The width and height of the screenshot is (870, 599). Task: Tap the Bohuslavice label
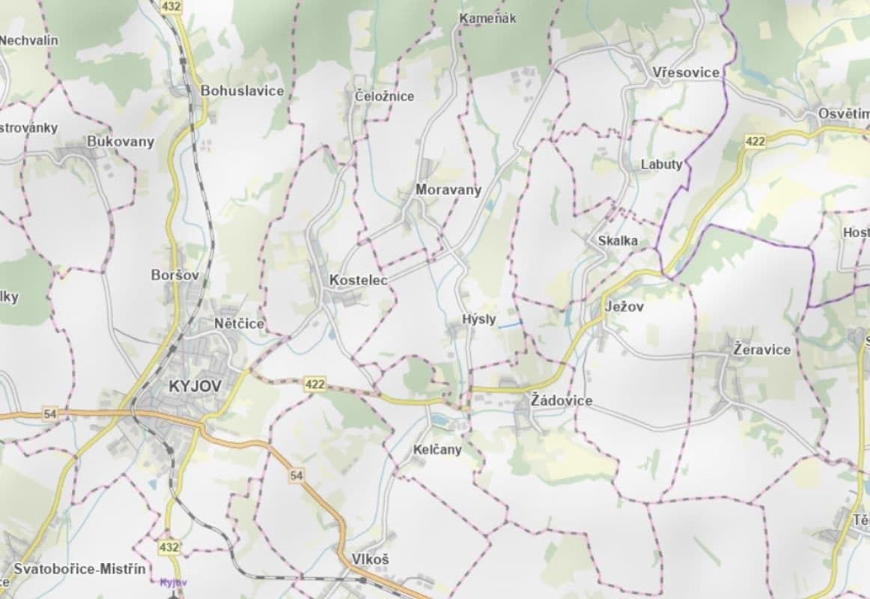click(242, 91)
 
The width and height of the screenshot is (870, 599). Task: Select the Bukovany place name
click(121, 142)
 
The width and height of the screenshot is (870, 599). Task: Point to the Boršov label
click(175, 275)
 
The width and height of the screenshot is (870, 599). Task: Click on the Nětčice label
click(239, 324)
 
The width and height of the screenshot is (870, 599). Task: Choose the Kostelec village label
click(358, 280)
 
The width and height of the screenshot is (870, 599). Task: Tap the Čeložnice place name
click(384, 96)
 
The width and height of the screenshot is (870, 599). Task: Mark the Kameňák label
click(488, 18)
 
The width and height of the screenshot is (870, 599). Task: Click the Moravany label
click(448, 189)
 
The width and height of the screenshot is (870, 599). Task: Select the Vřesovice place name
click(686, 72)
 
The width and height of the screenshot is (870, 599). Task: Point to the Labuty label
click(662, 164)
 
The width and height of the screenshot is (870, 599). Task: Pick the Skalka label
click(618, 240)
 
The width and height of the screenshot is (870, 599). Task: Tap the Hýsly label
click(479, 319)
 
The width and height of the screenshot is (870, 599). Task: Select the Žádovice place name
click(561, 401)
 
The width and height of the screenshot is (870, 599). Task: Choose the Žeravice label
click(761, 349)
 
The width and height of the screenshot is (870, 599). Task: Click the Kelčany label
click(437, 450)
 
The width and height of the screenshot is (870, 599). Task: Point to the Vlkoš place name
click(371, 559)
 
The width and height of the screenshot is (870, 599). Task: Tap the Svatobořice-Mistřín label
click(79, 569)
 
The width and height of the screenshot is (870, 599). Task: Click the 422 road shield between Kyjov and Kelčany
click(315, 384)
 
